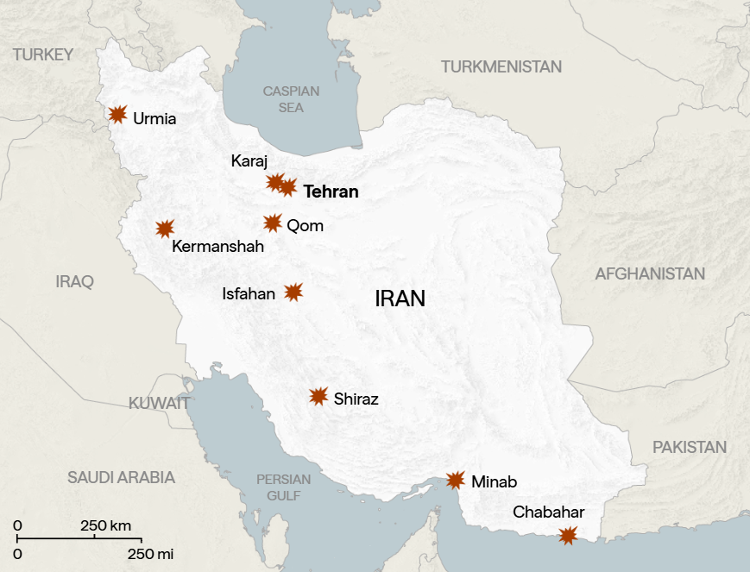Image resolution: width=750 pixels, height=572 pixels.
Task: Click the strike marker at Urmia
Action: coord(118,114)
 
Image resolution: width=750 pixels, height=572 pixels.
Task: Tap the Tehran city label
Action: coord(331,192)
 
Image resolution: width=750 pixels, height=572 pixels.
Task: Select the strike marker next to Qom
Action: coord(273,223)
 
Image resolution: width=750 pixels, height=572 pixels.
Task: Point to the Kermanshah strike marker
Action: coord(165,228)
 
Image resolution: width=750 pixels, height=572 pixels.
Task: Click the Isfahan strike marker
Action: coord(293,292)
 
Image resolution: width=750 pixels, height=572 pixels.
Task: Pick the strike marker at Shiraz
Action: coord(318,397)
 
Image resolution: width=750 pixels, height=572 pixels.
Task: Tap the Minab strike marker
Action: coord(456,481)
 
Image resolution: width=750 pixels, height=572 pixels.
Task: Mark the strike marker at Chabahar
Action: coord(567,536)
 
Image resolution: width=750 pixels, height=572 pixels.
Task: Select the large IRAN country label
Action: coord(400,299)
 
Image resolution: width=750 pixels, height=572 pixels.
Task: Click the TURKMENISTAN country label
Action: coord(501,66)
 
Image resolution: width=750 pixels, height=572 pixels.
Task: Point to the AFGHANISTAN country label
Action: coord(650,273)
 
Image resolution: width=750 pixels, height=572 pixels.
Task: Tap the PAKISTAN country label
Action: coord(690,447)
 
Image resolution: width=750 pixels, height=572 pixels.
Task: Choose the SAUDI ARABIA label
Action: coord(122,477)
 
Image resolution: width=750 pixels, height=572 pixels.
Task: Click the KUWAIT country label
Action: coord(160,403)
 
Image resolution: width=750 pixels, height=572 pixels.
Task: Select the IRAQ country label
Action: coord(74,281)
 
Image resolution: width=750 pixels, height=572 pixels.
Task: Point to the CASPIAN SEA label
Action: coord(291,99)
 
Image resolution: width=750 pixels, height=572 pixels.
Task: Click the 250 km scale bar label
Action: coord(106,525)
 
